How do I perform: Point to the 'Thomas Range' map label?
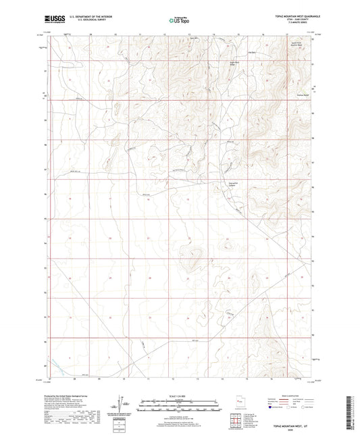point(303,94)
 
